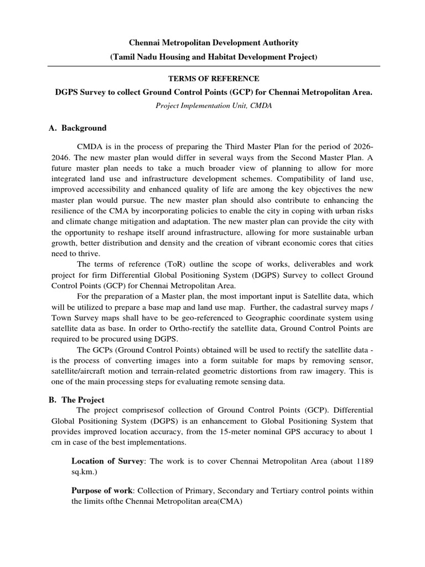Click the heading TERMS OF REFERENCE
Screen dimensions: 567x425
pos(212,79)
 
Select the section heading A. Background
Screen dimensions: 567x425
pos(77,128)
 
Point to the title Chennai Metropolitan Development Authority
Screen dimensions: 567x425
pos(214,43)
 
